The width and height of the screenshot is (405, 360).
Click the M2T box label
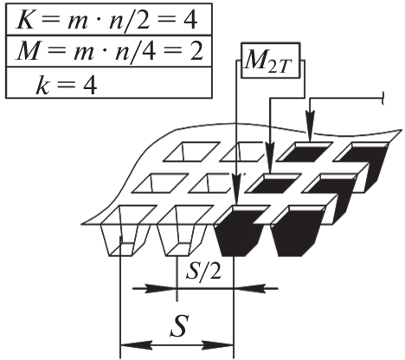coord(267,61)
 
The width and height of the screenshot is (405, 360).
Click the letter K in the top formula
coord(25,20)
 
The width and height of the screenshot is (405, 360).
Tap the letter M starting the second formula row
coord(28,51)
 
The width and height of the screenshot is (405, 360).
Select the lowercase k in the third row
coord(43,85)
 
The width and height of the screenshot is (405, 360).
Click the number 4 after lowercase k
coord(89,86)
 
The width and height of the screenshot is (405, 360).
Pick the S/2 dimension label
coord(203,271)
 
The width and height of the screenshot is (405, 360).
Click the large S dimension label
coord(179,325)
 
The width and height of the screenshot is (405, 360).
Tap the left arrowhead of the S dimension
coord(136,345)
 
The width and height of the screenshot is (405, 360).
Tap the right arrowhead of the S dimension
coord(217,345)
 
